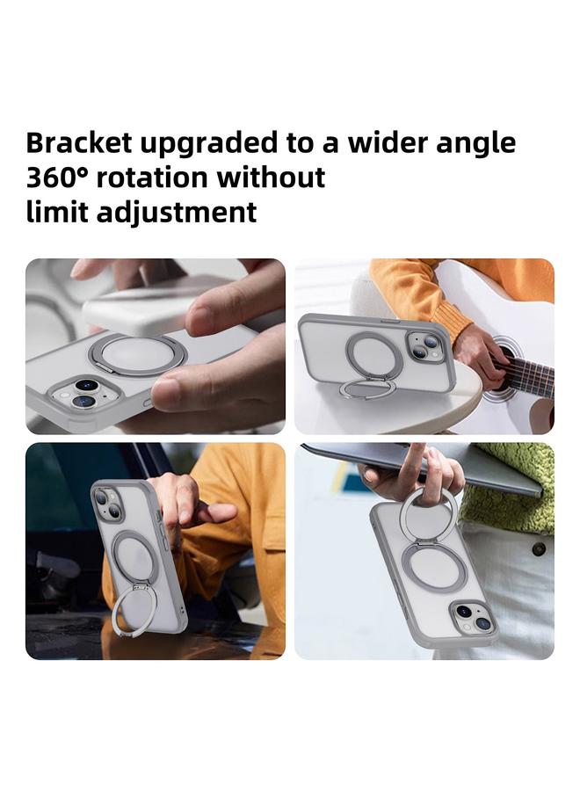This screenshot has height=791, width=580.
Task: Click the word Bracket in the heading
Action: pyautogui.click(x=76, y=143)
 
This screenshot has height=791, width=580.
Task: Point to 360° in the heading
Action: pyautogui.click(x=57, y=178)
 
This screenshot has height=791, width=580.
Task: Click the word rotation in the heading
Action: pyautogui.click(x=153, y=178)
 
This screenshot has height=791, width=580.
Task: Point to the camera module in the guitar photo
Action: pyautogui.click(x=424, y=345)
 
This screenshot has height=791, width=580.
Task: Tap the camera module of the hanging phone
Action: pyautogui.click(x=472, y=617)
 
